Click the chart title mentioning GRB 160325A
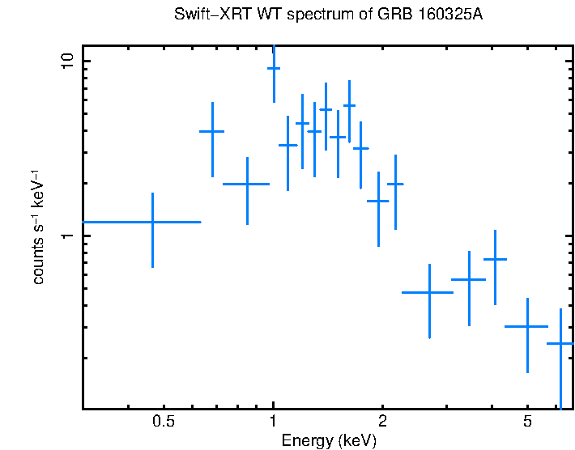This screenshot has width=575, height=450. [x=328, y=15]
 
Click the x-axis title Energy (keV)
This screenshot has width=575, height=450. [x=328, y=440]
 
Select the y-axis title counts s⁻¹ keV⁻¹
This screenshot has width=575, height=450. [x=38, y=227]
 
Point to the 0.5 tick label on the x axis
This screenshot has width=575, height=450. [x=164, y=422]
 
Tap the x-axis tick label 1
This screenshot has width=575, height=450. [x=273, y=422]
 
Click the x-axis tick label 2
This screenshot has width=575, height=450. [x=382, y=422]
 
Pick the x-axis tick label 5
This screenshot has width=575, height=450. [x=526, y=422]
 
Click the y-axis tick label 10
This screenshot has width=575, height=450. [x=67, y=62]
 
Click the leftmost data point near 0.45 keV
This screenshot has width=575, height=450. [x=152, y=221]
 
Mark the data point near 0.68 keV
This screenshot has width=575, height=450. [x=212, y=131]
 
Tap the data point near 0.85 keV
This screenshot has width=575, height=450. [x=247, y=184]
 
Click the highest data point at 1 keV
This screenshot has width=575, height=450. [x=274, y=68]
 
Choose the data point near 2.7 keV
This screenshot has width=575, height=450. [x=428, y=292]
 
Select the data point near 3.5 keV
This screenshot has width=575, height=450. [x=469, y=279]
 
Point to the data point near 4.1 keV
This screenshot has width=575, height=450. [x=495, y=259]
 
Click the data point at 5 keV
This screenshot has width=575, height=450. [x=527, y=326]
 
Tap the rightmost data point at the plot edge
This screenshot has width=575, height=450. [x=560, y=344]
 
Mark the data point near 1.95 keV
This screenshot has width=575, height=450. [x=378, y=201]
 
